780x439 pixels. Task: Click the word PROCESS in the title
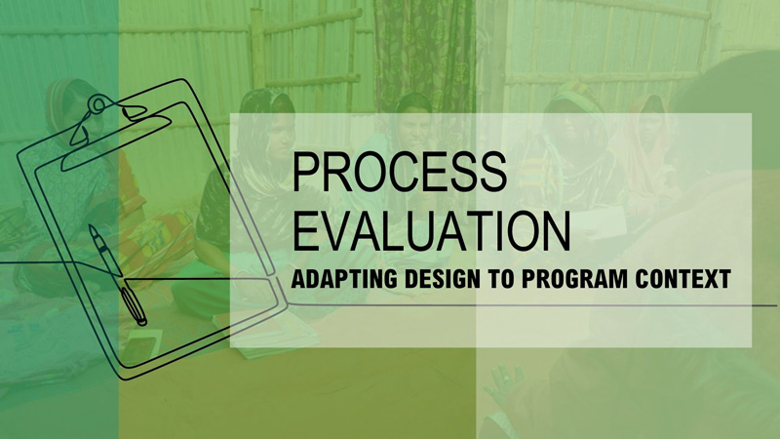point(399,172)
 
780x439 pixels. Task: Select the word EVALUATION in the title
point(431,231)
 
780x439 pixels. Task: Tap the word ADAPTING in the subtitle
point(344,279)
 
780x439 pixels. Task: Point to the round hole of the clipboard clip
point(99,105)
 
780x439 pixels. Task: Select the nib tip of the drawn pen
point(91,227)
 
